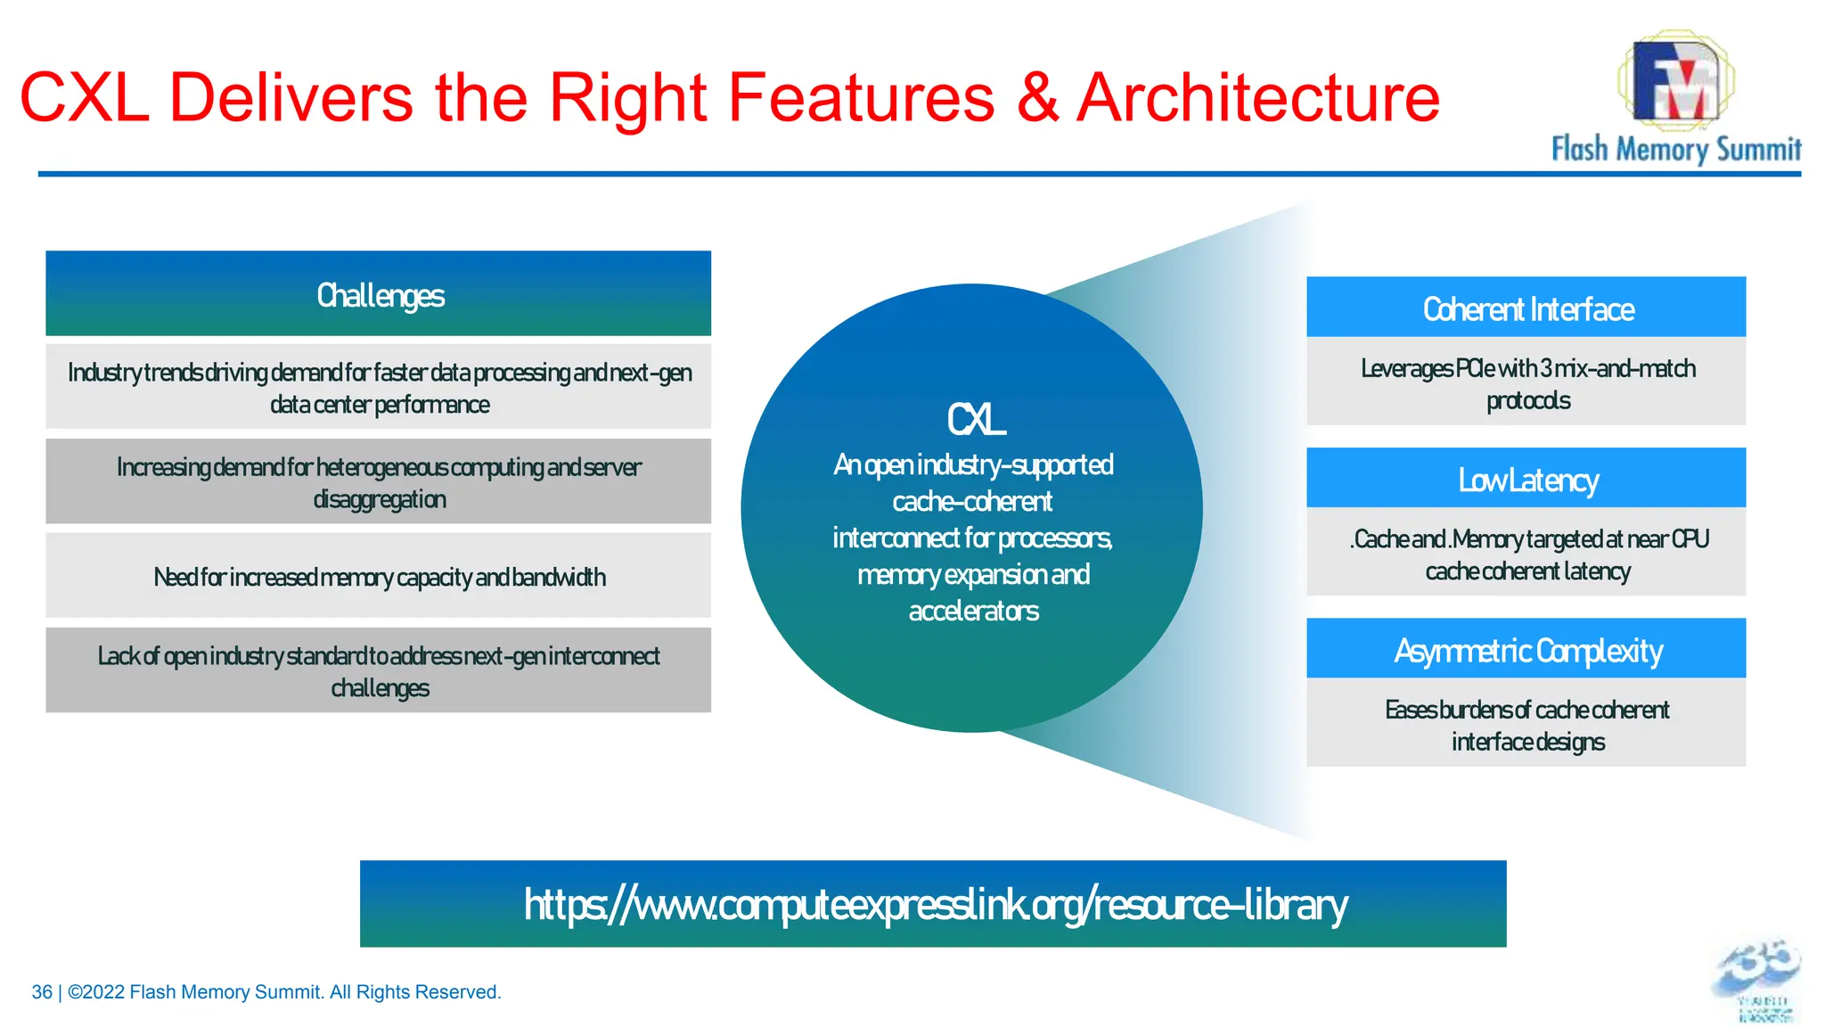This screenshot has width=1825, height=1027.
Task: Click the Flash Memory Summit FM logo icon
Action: [x=1675, y=78]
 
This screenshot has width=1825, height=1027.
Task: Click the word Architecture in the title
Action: [x=1257, y=98]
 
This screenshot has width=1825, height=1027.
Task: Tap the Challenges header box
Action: [x=379, y=294]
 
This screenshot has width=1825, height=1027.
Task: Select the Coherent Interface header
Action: [x=1526, y=308]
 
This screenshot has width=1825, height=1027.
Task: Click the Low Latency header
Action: [x=1526, y=480]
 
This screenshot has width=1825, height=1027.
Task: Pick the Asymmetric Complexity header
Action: [x=1526, y=650]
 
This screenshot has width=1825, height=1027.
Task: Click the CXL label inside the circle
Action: [x=975, y=420]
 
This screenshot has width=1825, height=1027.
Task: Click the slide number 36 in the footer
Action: [x=41, y=992]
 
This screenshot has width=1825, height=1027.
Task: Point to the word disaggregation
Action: [x=380, y=499]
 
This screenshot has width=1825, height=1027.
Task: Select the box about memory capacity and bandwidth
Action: [x=379, y=577]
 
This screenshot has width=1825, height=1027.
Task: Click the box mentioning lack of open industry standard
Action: [x=379, y=670]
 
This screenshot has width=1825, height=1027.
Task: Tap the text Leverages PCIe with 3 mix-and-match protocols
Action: [x=1526, y=383]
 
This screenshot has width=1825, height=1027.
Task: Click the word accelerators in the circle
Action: [x=973, y=611]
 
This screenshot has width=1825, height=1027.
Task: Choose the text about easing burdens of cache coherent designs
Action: [x=1526, y=725]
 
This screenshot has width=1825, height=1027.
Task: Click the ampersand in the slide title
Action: [x=1036, y=98]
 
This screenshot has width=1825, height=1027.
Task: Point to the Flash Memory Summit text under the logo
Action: [x=1675, y=148]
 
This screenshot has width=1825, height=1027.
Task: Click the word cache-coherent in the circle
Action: [x=971, y=501]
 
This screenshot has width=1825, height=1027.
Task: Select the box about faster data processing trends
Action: [x=379, y=387]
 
